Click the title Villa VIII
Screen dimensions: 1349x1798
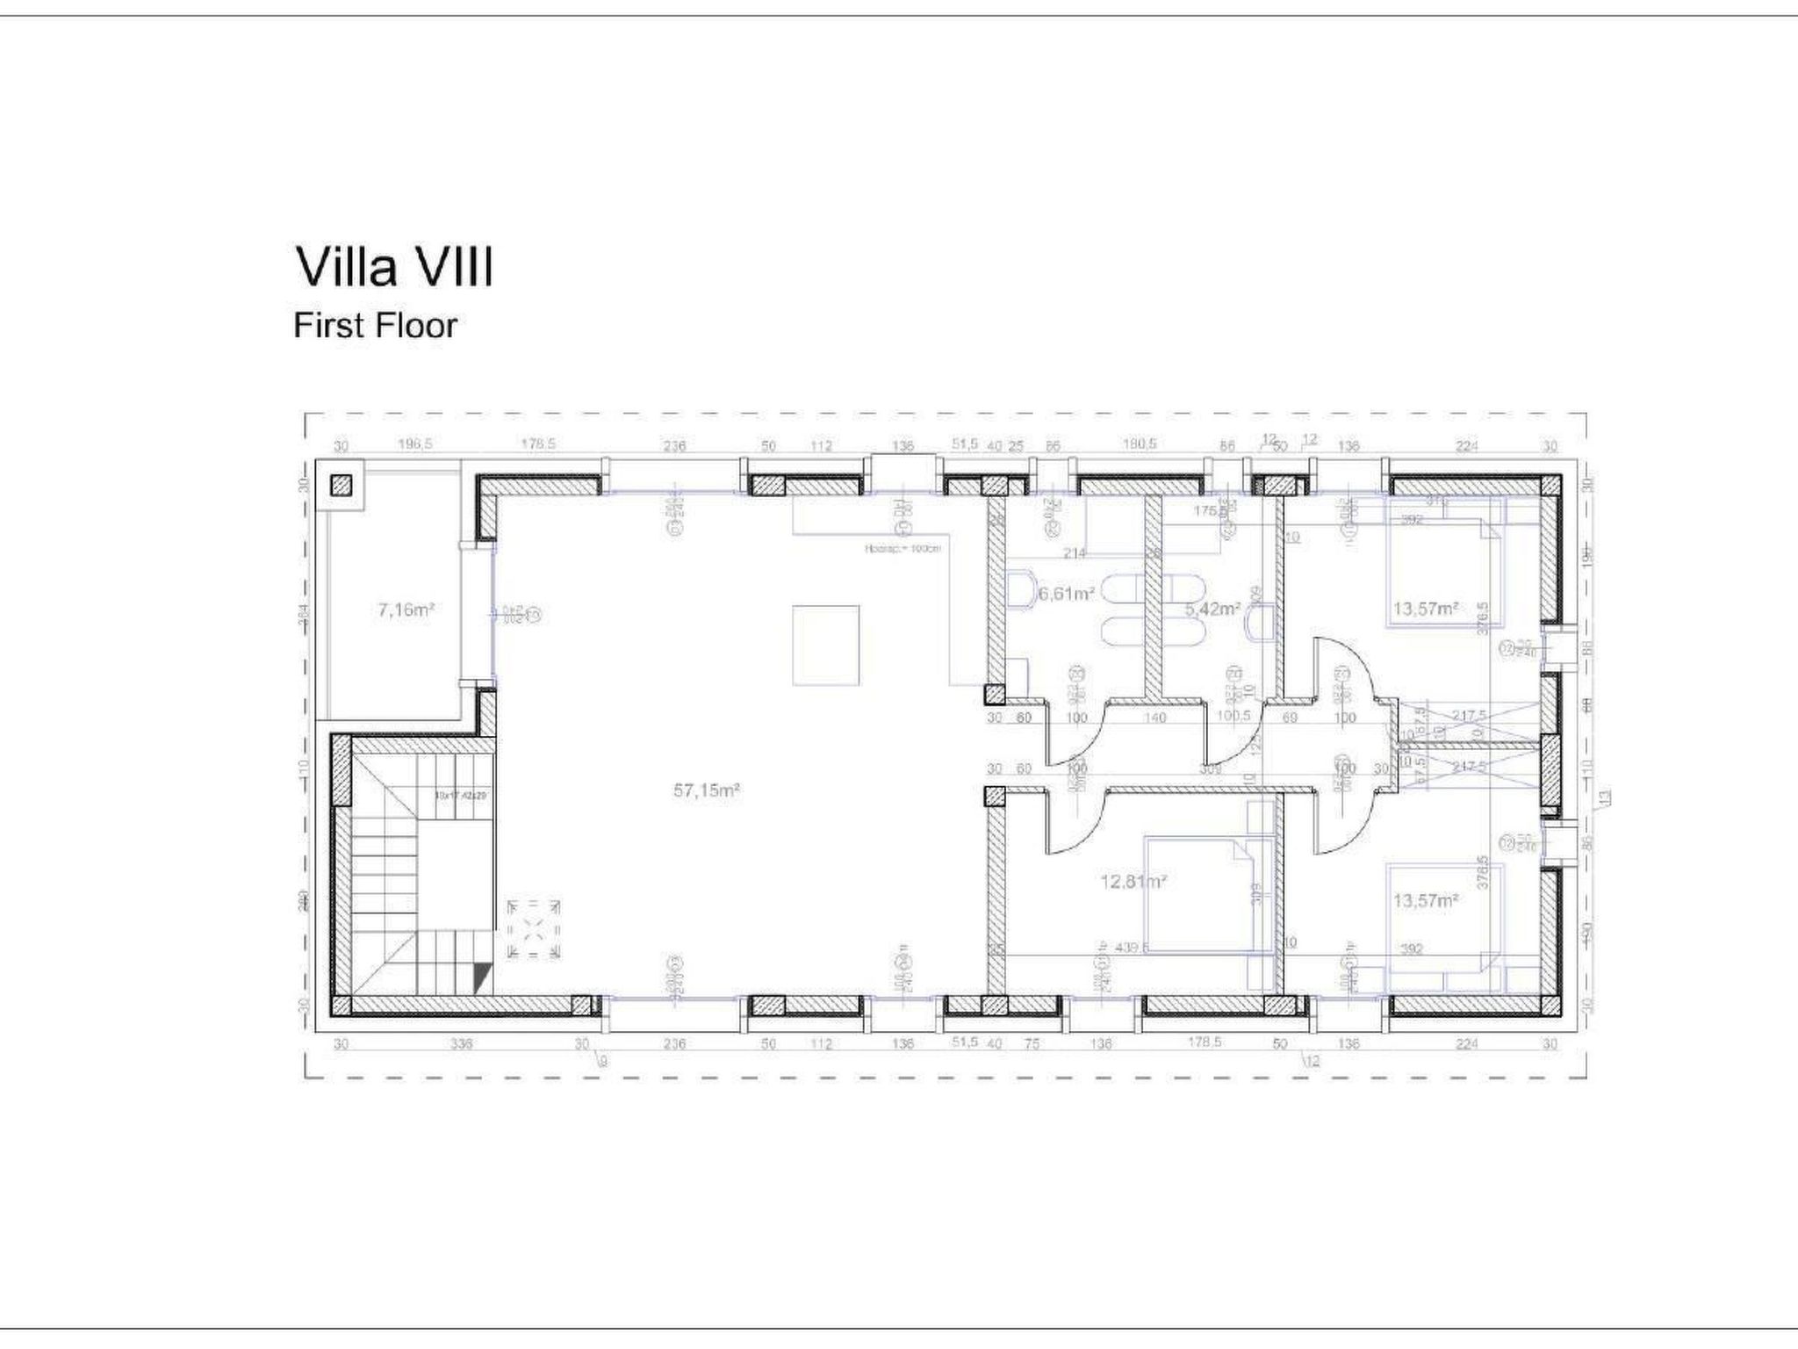coord(394,268)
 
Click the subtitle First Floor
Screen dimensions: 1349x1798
coord(375,326)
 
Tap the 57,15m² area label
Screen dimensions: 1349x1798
coord(707,790)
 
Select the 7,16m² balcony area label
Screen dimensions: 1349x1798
coord(406,609)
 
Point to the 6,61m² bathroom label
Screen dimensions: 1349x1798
coord(1066,594)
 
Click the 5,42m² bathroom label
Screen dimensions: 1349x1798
coord(1212,609)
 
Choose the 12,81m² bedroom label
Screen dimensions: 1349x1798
coord(1133,881)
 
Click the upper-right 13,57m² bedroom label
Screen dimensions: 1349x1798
coord(1426,609)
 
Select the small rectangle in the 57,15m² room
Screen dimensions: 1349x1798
coord(825,645)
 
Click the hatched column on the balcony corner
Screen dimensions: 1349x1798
coord(341,486)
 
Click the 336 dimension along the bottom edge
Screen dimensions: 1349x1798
coord(461,1044)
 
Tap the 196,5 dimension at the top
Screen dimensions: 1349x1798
coord(414,444)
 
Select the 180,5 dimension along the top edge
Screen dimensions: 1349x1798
coord(1140,444)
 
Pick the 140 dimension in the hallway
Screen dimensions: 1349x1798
coord(1155,718)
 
